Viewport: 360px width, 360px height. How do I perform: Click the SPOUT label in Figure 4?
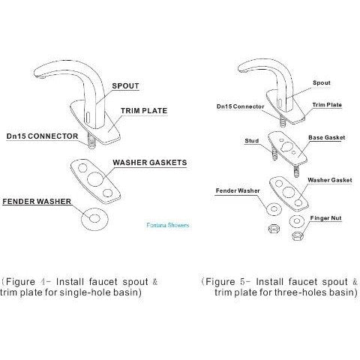125,85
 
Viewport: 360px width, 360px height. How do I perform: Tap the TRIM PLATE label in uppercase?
144,111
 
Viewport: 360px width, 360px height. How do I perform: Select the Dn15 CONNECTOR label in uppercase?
42,136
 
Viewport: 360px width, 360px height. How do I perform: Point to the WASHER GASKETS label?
150,163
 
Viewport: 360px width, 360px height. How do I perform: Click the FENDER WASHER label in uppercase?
37,202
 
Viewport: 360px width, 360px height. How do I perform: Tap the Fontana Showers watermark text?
168,225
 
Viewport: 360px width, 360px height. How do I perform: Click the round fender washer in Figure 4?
94,219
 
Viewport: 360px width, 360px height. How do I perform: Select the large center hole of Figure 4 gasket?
95,178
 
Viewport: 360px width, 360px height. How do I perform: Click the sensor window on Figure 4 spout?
88,116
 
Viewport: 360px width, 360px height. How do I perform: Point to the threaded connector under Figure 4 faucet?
92,142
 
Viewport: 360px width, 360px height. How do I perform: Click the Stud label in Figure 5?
252,141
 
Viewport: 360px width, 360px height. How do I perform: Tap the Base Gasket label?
326,137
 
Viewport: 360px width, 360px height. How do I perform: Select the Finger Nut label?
325,218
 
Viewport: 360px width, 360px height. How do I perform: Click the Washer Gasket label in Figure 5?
330,180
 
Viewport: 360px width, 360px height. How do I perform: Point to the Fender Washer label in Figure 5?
238,190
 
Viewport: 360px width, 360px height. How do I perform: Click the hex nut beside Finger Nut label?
298,235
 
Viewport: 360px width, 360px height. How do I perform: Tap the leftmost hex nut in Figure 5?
274,229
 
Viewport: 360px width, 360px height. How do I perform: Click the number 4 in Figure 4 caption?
42,282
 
